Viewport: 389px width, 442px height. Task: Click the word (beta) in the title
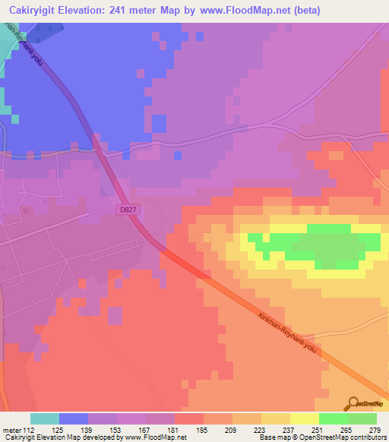coord(304,11)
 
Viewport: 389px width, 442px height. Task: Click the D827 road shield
coord(128,208)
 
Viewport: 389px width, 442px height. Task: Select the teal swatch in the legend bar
coord(45,418)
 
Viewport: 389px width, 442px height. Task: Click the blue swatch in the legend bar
coord(74,418)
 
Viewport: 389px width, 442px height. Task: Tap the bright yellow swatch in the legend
coord(305,418)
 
